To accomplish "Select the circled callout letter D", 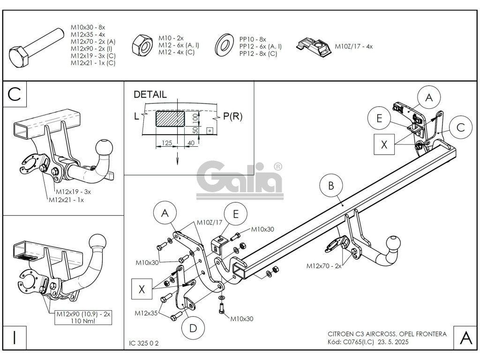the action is (193, 328).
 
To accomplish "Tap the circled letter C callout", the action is (460, 127).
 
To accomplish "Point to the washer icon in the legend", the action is (224, 45).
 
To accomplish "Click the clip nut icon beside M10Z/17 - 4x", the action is (314, 47).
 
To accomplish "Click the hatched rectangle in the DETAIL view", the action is (170, 120).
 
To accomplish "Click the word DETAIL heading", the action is (150, 94).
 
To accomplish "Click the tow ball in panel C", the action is (104, 149).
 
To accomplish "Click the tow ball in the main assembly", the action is (393, 244).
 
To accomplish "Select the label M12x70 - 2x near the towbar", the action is (324, 266).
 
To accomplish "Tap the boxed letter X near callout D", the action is (142, 289).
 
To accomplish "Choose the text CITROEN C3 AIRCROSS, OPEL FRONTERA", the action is (387, 334).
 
